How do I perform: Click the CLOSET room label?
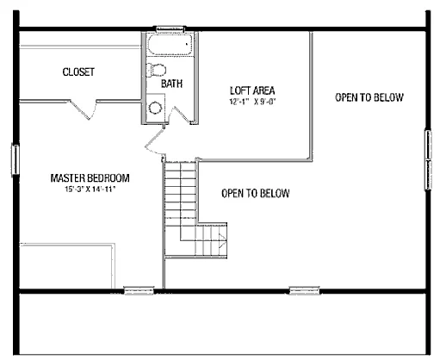78,71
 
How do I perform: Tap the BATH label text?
171,84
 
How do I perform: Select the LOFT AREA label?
252,90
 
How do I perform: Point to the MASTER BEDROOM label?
90,178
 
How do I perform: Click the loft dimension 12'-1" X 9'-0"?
252,102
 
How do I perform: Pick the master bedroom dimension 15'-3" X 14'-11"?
90,189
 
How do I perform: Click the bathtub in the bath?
170,45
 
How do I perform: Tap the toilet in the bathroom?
156,70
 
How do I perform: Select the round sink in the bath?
156,108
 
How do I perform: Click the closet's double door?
84,109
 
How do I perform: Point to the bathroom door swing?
180,115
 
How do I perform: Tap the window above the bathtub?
170,28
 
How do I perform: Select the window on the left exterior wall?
15,159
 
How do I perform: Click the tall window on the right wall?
428,159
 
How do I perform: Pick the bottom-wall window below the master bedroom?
139,290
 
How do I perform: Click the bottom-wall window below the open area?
304,290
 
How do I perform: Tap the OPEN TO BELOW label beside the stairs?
256,194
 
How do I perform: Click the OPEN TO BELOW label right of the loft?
369,97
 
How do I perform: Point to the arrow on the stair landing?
222,240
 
